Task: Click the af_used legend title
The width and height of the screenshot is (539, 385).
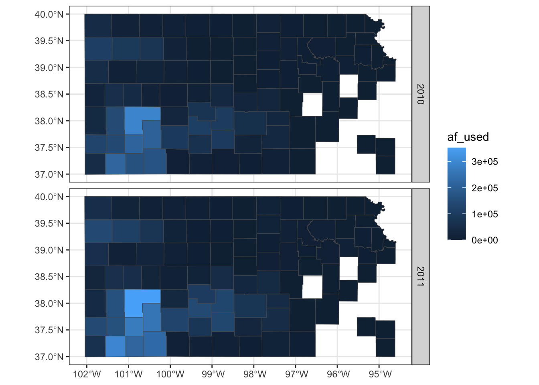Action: [468, 137]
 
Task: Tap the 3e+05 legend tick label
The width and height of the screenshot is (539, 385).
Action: [484, 162]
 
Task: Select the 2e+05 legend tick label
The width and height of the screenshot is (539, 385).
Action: [484, 188]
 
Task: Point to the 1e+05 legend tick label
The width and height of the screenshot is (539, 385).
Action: [484, 214]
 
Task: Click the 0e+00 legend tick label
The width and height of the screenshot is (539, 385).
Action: [484, 240]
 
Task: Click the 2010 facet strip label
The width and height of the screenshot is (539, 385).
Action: [420, 94]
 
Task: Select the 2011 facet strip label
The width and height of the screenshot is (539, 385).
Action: [420, 276]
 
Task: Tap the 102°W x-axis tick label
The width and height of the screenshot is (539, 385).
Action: [87, 375]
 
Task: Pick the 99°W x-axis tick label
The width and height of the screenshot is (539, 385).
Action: [213, 375]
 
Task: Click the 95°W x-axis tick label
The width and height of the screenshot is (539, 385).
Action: [380, 375]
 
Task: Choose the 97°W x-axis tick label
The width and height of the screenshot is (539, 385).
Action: [296, 375]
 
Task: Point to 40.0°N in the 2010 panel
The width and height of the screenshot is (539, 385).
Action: [49, 14]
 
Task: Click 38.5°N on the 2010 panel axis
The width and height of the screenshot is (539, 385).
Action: [49, 94]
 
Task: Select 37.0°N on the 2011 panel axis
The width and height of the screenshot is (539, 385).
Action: [49, 357]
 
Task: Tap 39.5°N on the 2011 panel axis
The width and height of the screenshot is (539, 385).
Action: [49, 223]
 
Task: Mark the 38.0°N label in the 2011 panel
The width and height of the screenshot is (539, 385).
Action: [49, 303]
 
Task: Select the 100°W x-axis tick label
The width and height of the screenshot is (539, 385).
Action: [170, 375]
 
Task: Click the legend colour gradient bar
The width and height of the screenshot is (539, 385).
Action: [457, 194]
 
